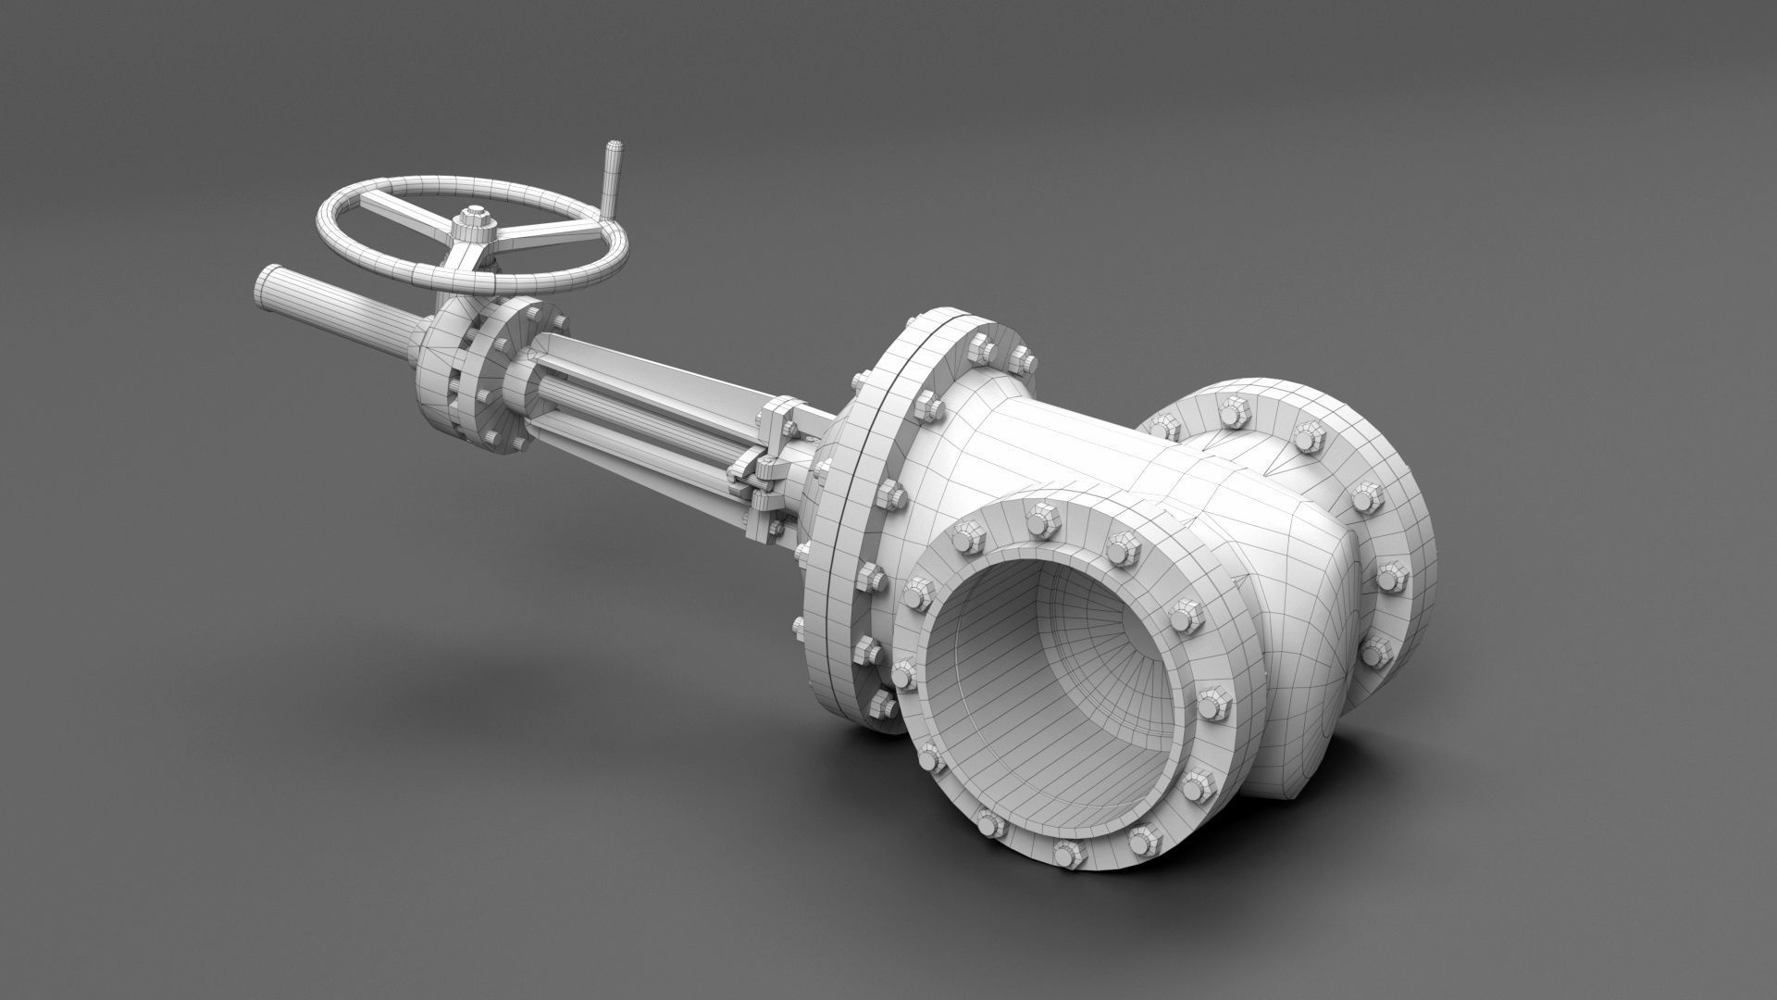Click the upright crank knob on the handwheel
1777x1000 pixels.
click(614, 176)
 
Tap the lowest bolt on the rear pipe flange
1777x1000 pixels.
click(1375, 652)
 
